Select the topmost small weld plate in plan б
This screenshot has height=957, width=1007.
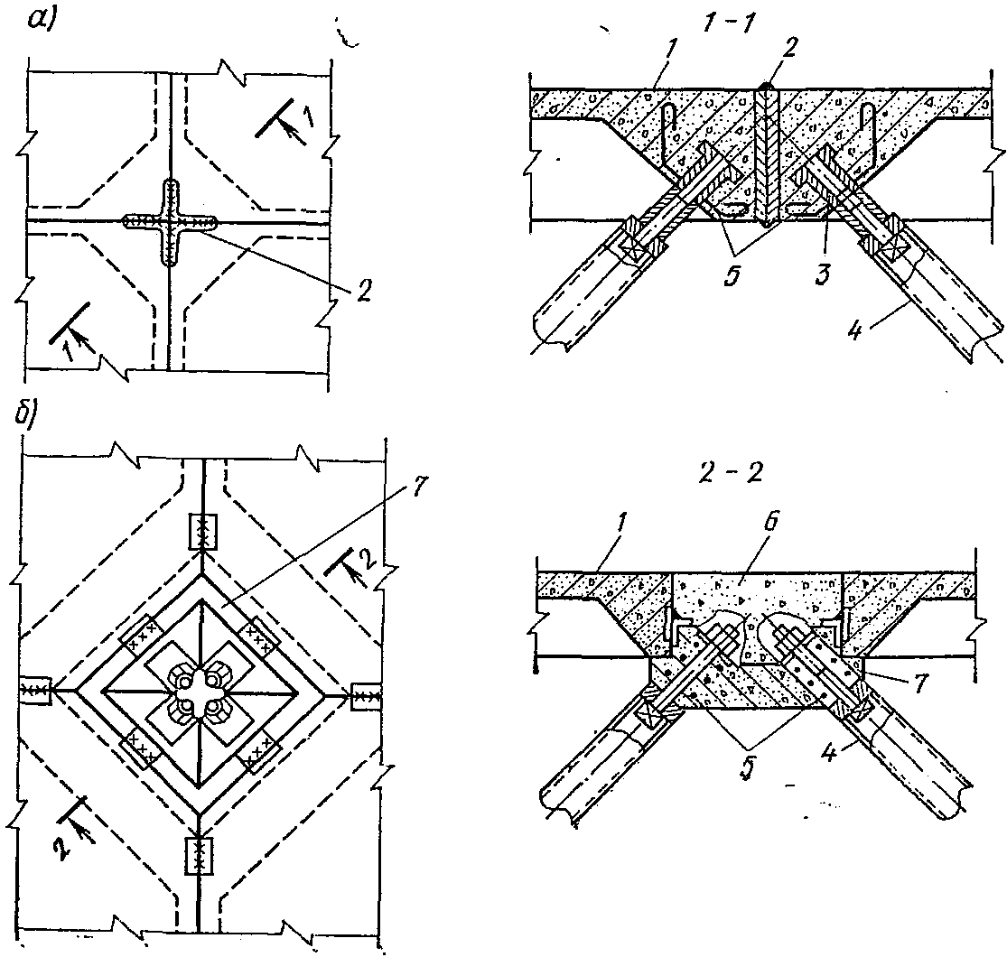200,531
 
